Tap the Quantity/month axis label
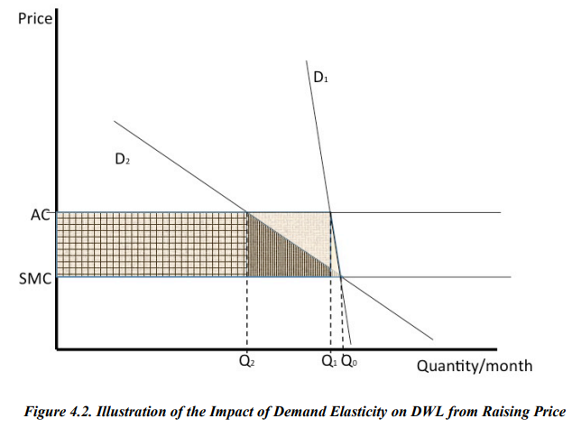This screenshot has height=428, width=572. click(x=474, y=366)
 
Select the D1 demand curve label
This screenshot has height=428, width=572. click(x=321, y=78)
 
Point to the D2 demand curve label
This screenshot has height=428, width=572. click(x=123, y=159)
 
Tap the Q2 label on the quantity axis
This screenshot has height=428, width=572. click(x=246, y=361)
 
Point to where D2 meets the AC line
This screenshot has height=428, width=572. click(x=247, y=213)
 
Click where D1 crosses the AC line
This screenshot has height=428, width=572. click(x=330, y=213)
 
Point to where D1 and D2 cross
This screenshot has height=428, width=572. click(x=340, y=275)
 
